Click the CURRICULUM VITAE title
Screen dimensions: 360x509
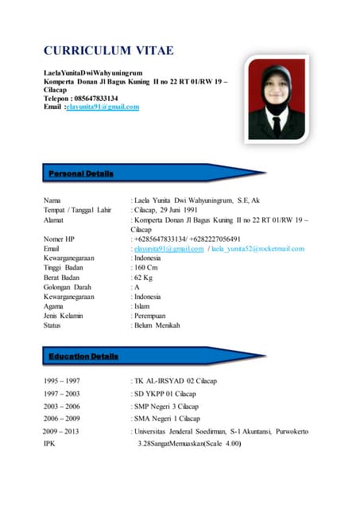(108, 51)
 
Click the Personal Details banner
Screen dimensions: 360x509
(81, 173)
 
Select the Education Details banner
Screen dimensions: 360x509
(83, 356)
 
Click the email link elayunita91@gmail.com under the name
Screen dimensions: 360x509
(103, 106)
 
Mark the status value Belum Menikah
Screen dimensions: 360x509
(157, 325)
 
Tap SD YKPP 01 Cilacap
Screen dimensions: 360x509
(165, 394)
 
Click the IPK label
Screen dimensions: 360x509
(49, 443)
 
